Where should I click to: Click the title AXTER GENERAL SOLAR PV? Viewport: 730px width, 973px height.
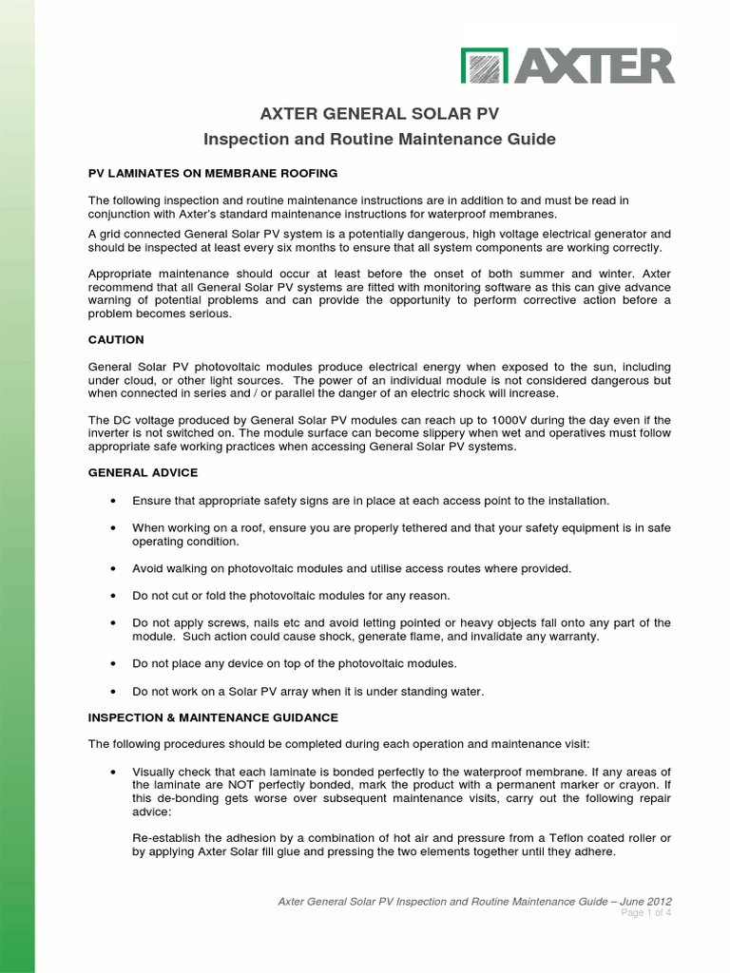tap(380, 115)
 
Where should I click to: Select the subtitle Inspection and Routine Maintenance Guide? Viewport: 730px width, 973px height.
tap(380, 140)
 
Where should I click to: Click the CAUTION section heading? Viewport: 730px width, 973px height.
tap(116, 339)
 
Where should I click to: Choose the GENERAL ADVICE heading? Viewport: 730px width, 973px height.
tap(144, 472)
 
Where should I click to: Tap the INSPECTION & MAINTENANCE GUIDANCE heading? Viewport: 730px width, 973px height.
tap(213, 717)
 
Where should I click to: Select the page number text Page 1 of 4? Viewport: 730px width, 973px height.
tap(646, 913)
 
